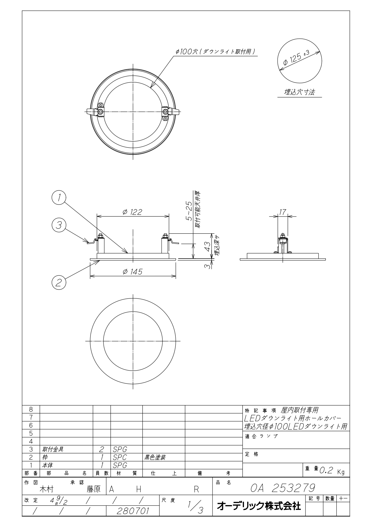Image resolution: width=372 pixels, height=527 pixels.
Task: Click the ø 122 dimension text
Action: [132, 212]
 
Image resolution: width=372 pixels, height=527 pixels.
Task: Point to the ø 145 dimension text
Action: [132, 271]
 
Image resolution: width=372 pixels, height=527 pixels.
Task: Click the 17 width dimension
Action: [282, 212]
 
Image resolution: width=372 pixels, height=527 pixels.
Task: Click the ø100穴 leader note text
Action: [216, 52]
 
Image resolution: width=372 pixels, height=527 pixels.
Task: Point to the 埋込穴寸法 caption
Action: [299, 92]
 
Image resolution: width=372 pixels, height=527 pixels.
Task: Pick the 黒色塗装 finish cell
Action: [155, 457]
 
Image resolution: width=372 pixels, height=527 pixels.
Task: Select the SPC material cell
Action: [120, 457]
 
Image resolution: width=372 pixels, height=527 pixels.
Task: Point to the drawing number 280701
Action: [133, 511]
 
